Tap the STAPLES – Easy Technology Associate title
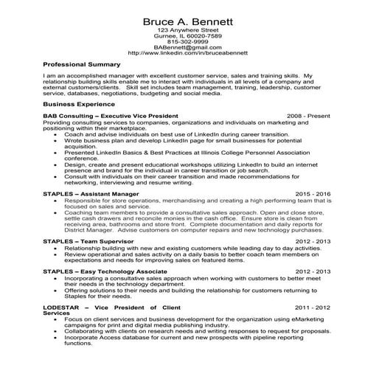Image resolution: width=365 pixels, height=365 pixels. pos(103,271)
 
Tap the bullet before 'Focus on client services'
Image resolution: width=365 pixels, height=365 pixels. pos(57,319)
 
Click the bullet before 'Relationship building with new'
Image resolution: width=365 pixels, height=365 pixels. pos(57,248)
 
